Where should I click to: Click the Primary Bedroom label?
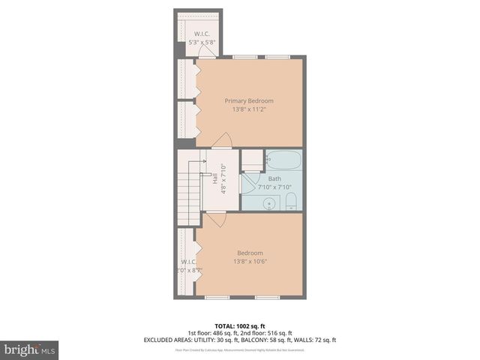point(250,100)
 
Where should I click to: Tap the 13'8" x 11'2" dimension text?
point(250,109)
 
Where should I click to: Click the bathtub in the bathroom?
point(284,160)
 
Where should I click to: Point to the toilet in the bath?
point(292,200)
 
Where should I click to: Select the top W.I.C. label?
point(202,34)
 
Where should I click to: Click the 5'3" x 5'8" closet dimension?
point(202,42)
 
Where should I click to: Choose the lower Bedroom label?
point(250,253)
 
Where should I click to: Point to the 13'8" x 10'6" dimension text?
point(250,262)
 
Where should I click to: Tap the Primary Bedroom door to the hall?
point(221,140)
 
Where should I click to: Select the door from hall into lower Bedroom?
point(216,219)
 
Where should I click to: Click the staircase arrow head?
point(204,161)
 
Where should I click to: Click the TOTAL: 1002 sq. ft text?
point(239,325)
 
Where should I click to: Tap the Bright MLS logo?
point(30,349)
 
